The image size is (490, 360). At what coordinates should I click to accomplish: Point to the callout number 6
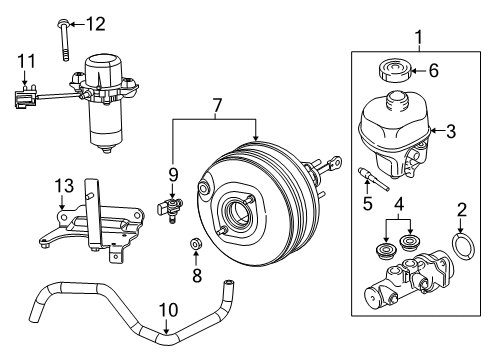(x=433, y=72)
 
